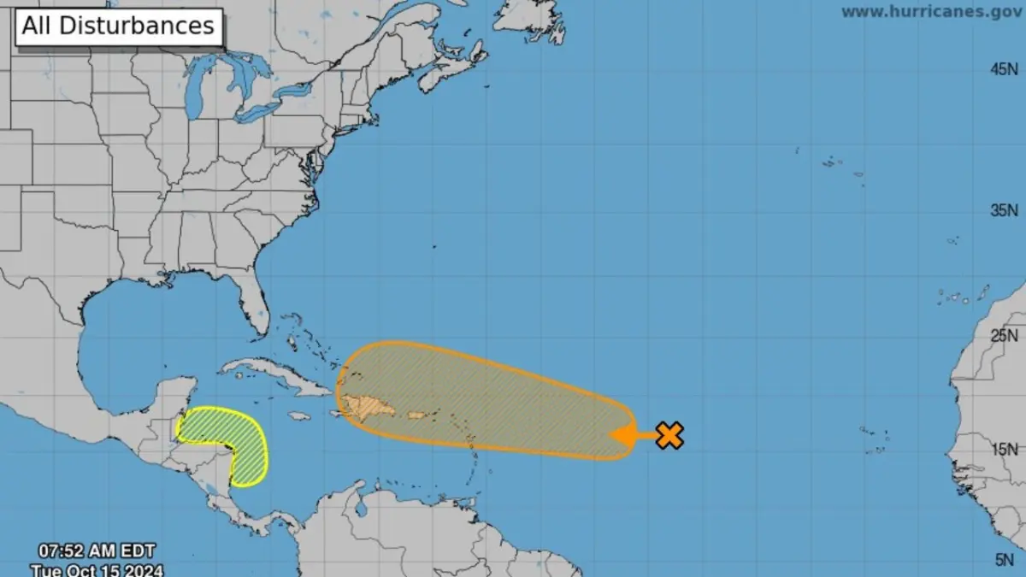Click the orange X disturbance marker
pos(669,435)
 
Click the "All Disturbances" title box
pos(118,26)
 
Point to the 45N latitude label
pos(1004,70)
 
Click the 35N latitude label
pos(1004,210)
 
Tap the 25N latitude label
pos(1004,335)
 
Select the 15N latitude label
pos(1004,449)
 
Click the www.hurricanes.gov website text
pos(931,12)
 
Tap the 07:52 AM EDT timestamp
pos(96,551)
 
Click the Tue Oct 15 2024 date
pos(96,569)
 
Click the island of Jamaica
pos(298,416)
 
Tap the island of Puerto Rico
pos(417,415)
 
